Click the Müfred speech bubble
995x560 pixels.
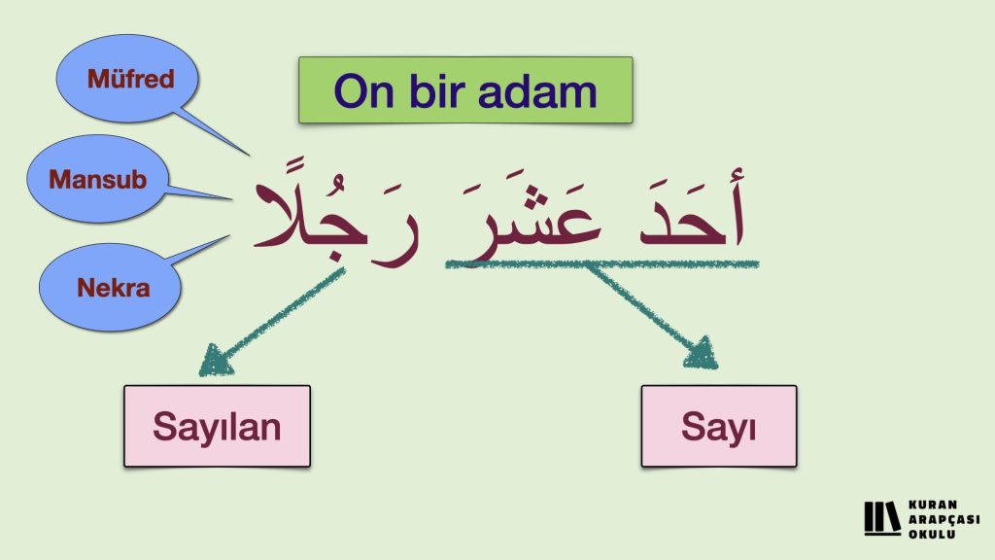point(127,79)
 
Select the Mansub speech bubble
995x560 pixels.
point(97,179)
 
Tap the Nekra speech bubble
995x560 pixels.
point(110,287)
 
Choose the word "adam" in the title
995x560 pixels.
point(536,90)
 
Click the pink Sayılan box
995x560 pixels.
point(217,426)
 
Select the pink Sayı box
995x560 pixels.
point(719,426)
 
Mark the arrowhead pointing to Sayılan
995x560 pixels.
point(215,361)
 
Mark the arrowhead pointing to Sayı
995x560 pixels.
point(702,353)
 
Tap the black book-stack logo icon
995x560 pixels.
point(882,519)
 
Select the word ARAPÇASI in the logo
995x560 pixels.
point(944,519)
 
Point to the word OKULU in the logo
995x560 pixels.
point(932,534)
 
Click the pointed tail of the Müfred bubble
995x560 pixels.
point(249,155)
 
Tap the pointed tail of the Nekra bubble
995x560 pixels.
point(228,236)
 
